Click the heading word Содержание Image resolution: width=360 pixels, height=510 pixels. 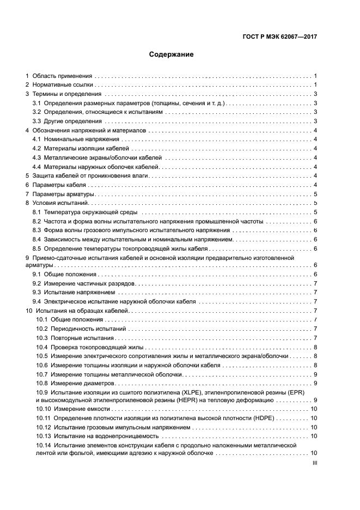(172, 54)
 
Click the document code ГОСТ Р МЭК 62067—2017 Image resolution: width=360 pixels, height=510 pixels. (279, 37)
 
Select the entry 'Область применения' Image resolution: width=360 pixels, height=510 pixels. (62, 76)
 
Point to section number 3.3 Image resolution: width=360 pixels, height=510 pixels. (37, 121)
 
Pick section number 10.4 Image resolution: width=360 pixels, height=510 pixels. (42, 347)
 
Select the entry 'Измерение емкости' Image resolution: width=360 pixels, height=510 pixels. (80, 409)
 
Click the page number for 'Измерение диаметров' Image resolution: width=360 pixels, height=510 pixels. (315, 383)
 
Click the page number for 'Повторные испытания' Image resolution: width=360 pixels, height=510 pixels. (315, 338)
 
